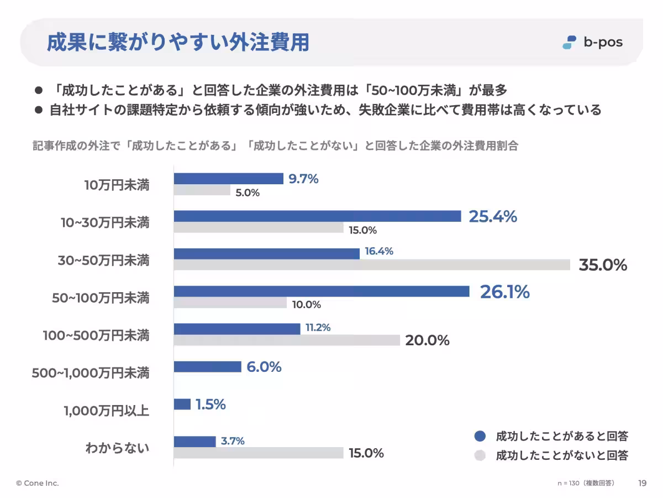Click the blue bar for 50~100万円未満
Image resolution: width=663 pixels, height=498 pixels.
322,292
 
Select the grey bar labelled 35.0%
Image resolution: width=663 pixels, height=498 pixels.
372,265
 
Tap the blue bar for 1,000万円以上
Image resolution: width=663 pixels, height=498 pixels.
182,404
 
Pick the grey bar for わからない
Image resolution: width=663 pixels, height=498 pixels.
259,453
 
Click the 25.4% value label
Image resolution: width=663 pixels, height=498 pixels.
493,217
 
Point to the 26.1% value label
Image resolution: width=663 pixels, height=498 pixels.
504,292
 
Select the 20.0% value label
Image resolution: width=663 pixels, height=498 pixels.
427,340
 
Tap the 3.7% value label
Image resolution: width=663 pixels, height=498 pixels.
233,441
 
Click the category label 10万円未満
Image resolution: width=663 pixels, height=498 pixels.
117,185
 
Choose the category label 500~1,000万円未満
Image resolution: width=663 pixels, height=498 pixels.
91,373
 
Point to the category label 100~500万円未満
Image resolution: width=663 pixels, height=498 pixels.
96,335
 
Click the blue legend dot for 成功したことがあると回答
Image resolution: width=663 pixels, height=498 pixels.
480,436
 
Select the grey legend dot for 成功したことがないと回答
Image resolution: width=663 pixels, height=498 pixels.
480,455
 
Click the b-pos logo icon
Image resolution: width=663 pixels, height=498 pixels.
569,42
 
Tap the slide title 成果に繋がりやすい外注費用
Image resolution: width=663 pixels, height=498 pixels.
177,43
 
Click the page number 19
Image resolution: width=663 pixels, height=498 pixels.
642,483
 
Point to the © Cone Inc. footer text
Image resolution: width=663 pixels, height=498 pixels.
38,483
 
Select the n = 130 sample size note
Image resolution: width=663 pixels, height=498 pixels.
586,483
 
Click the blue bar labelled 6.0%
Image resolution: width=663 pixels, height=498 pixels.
208,367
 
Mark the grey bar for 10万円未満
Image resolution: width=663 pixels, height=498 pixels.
202,190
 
